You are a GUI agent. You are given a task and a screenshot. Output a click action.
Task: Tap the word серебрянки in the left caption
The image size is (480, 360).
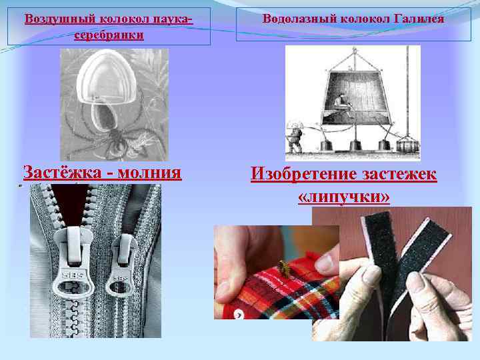click(109, 34)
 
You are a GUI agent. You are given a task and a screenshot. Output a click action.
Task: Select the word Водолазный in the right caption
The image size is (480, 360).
click(293, 18)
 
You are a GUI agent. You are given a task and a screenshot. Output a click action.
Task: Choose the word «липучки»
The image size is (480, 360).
click(343, 197)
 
